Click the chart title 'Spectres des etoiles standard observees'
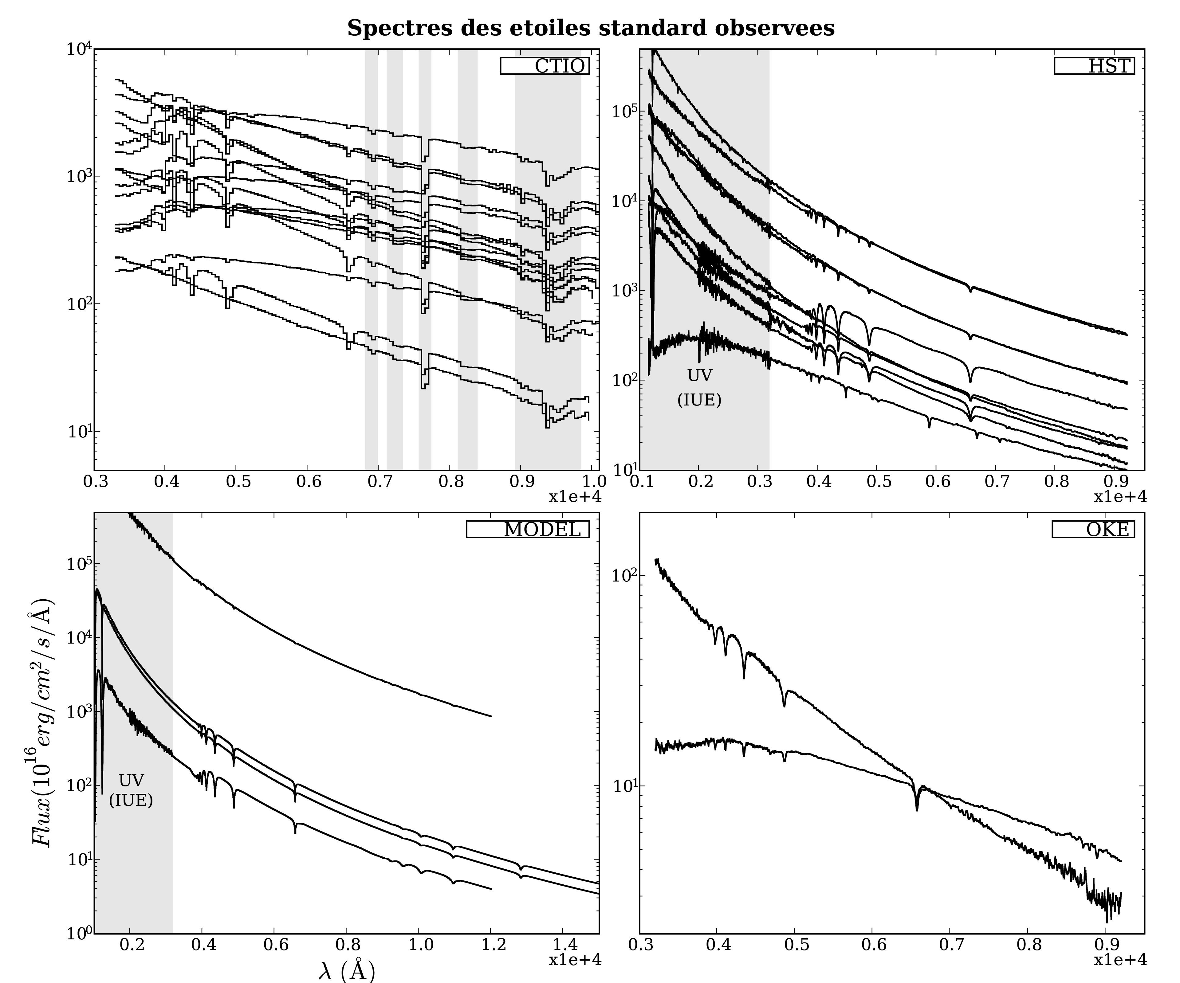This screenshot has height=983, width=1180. pos(591,28)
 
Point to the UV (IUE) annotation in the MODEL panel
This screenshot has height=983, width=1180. pos(131,789)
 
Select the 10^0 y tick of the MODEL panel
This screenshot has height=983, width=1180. pos(78,934)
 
